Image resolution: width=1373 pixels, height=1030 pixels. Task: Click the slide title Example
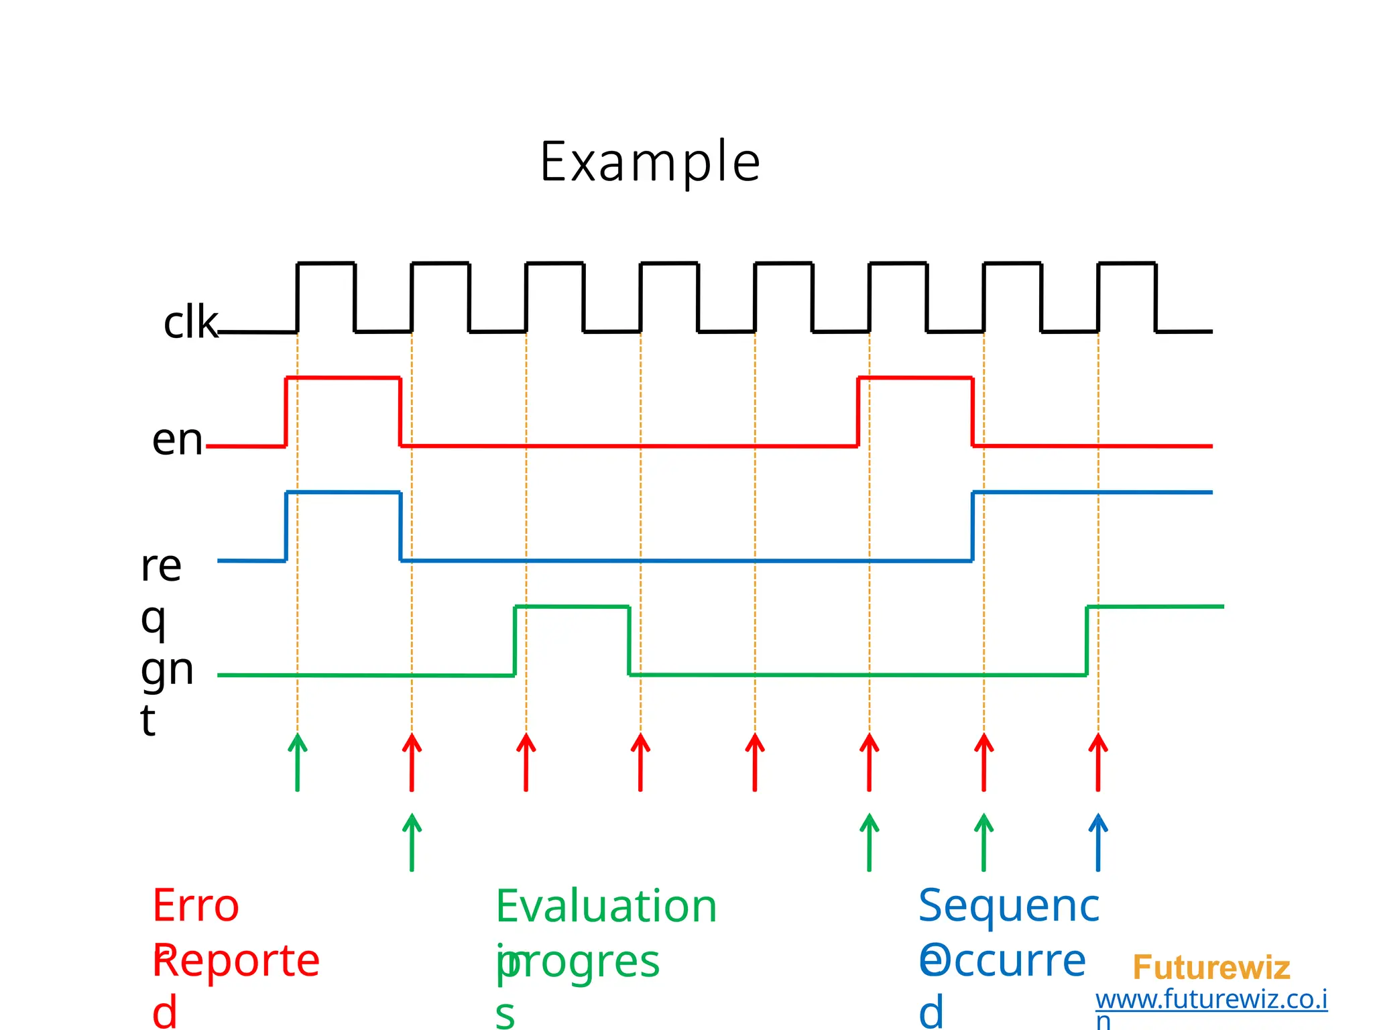point(650,162)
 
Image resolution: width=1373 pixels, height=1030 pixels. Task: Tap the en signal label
point(177,440)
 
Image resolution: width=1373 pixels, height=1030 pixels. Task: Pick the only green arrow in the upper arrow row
point(298,762)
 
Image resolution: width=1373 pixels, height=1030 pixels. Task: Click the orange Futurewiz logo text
point(1211,968)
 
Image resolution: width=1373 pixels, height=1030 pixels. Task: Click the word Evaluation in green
point(606,906)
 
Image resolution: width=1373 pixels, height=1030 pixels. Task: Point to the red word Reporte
point(237,960)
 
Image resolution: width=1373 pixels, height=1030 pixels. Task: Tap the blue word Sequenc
point(1008,906)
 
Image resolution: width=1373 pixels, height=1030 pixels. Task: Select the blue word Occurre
point(1002,960)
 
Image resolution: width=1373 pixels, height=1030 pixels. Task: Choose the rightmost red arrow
point(1097,762)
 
